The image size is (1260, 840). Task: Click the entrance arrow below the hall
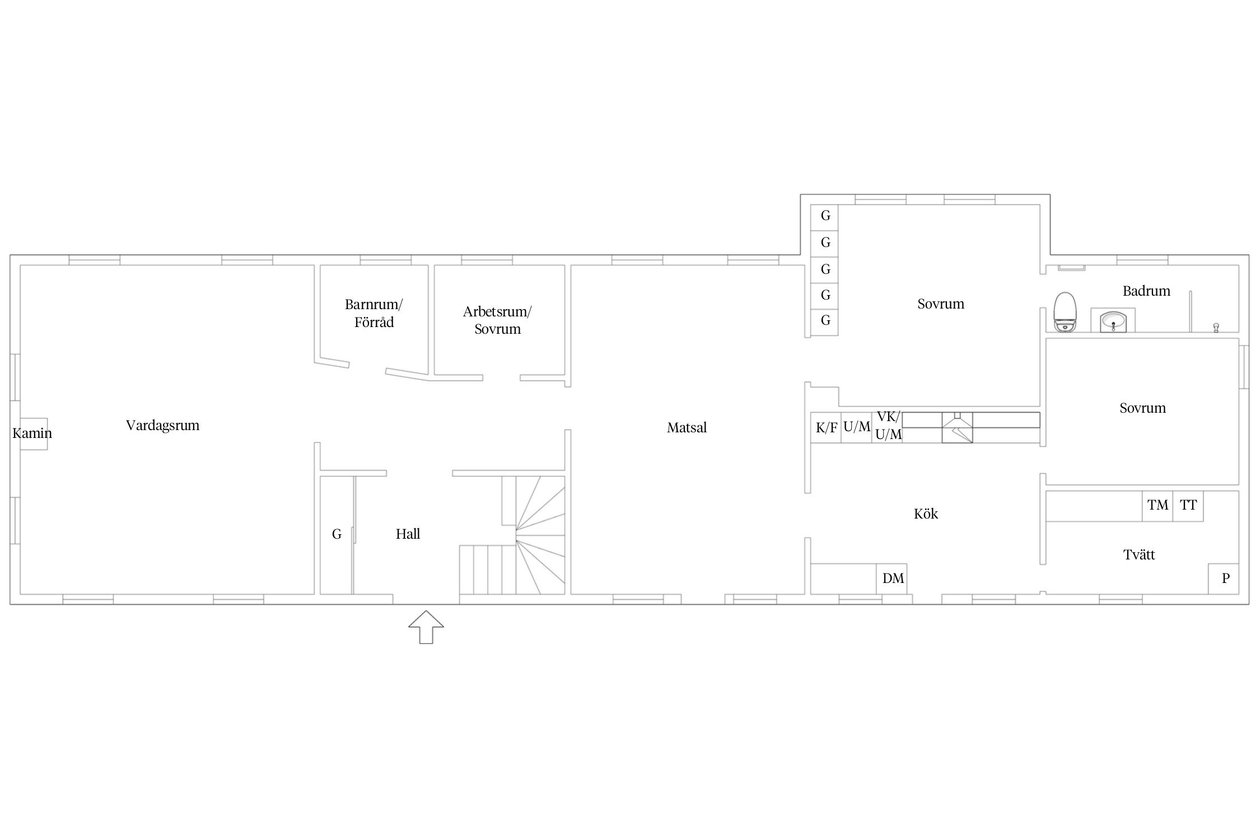(x=426, y=627)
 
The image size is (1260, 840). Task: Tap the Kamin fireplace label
(x=32, y=433)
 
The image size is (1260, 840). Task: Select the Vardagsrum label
(x=162, y=426)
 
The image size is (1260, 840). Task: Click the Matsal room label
(x=687, y=428)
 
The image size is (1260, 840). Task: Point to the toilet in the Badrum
(x=1064, y=312)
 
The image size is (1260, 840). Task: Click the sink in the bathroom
(x=1113, y=321)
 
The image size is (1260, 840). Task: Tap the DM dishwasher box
(x=892, y=578)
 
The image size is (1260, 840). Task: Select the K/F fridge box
(x=826, y=428)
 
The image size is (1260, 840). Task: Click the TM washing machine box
(x=1158, y=506)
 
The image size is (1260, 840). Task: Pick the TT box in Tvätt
(x=1188, y=506)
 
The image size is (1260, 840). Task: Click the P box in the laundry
(x=1223, y=578)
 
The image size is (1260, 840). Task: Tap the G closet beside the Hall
(x=337, y=535)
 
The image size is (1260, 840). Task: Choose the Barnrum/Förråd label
(x=374, y=314)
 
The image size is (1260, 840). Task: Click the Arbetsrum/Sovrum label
(x=497, y=320)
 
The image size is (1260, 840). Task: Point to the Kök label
(x=926, y=514)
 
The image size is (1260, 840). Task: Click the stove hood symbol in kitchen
(x=958, y=428)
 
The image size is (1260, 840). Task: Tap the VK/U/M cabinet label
(x=888, y=426)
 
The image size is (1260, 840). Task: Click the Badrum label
(x=1146, y=291)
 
